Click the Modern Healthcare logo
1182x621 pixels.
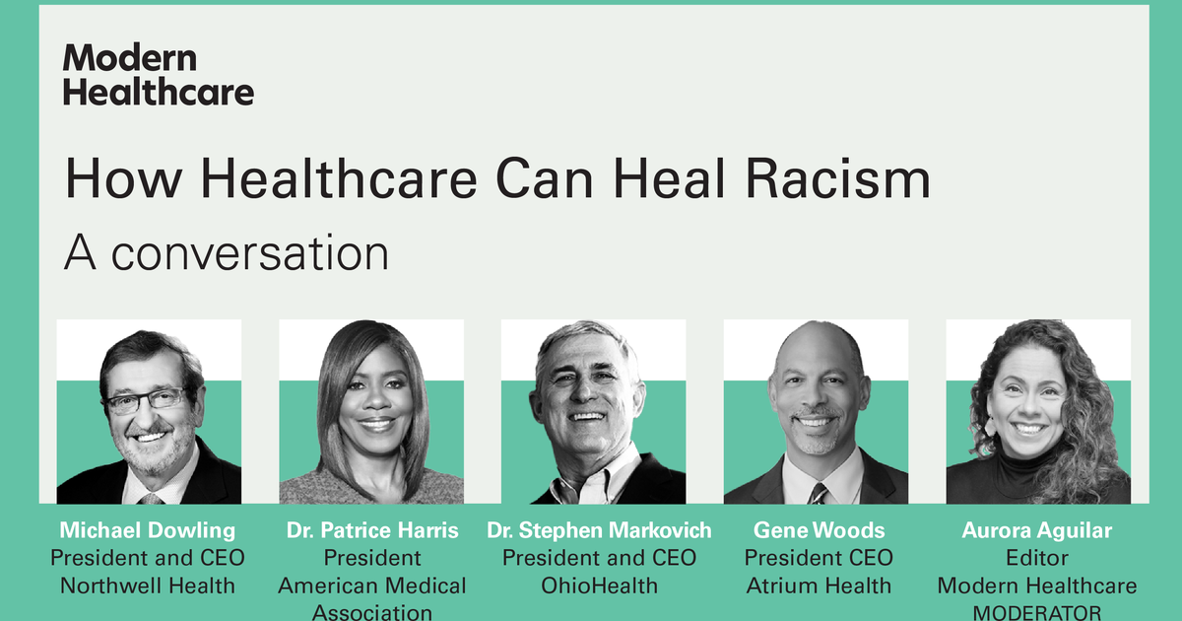point(159,75)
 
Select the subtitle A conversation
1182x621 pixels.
point(227,253)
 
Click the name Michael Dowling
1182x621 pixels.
point(148,530)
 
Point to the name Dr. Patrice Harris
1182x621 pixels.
point(372,530)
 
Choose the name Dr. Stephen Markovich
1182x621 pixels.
point(599,530)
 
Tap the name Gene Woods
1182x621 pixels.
point(820,530)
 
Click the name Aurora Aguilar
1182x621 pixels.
point(1037,530)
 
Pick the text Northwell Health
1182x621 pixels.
point(148,586)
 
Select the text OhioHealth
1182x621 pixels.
point(599,586)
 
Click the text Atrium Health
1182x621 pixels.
point(820,586)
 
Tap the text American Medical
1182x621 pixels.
point(372,586)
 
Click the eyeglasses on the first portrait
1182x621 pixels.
point(146,400)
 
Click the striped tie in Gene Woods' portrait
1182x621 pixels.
point(818,492)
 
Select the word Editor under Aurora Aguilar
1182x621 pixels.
point(1037,558)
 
